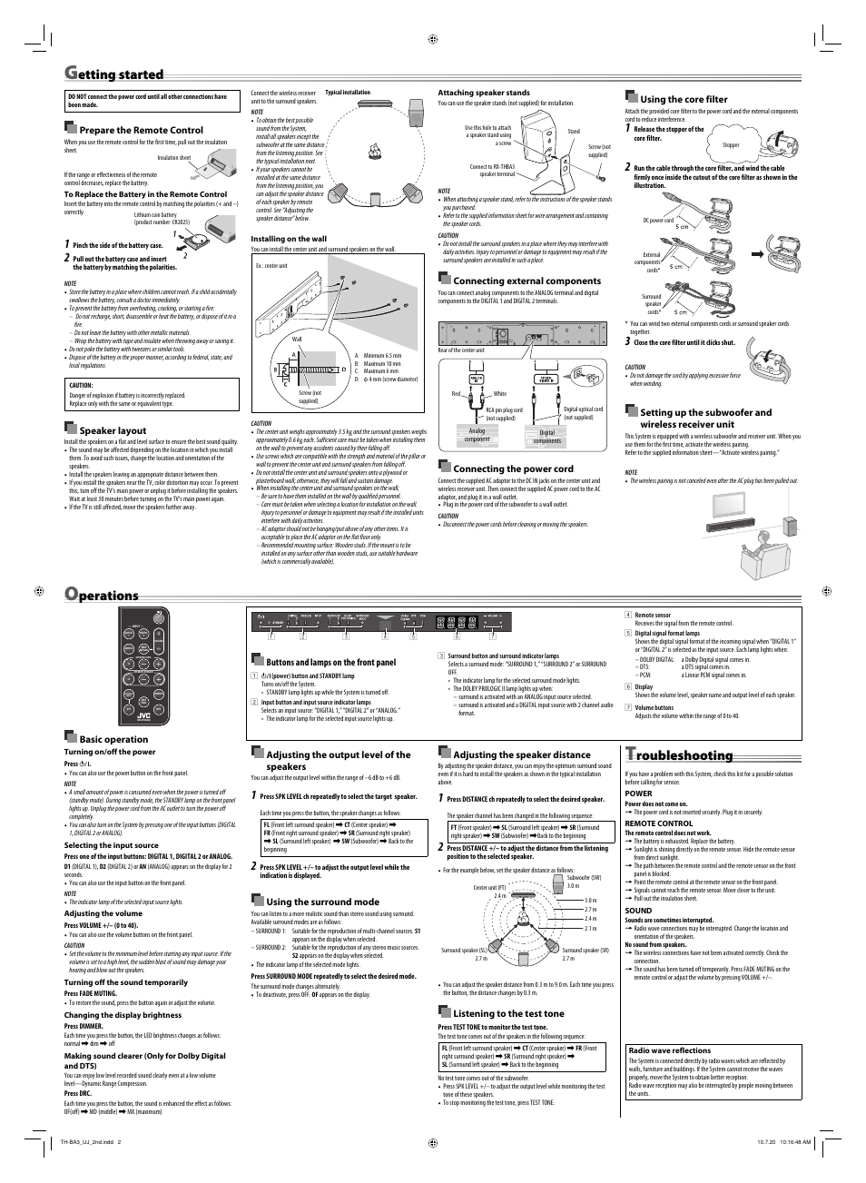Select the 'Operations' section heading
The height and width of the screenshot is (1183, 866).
(102, 596)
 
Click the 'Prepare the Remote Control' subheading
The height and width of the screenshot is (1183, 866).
(141, 131)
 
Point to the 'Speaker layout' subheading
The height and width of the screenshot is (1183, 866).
(113, 430)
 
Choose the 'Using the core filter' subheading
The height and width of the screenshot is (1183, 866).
(684, 99)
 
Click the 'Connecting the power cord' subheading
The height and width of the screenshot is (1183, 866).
(513, 468)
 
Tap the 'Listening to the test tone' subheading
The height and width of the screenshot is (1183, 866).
(508, 1013)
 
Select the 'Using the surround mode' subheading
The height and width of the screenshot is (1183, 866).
(322, 902)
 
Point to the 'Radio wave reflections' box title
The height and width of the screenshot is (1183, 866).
(670, 1050)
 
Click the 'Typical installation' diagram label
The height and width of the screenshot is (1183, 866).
(348, 93)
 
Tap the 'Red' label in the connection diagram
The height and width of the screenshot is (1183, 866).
(457, 393)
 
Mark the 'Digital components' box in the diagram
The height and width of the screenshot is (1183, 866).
(546, 436)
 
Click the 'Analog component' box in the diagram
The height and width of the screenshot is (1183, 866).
(477, 436)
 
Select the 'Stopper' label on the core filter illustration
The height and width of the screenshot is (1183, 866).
(731, 145)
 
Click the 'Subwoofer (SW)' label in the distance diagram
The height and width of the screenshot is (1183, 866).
(584, 877)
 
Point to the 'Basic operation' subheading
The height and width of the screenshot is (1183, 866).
(113, 739)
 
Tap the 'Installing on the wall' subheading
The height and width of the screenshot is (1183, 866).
(289, 239)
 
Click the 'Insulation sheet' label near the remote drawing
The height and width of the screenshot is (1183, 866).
(174, 158)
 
